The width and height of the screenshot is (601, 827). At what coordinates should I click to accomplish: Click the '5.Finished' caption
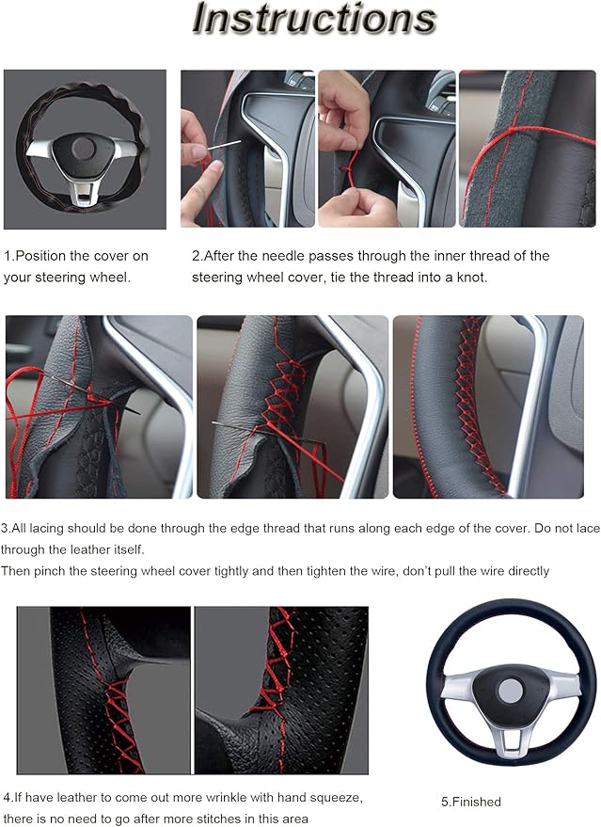471,802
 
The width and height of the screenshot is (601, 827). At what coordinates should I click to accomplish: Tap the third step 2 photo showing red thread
527,149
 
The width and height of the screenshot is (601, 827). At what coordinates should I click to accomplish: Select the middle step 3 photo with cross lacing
292,406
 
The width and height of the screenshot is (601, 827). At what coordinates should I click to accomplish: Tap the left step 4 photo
103,690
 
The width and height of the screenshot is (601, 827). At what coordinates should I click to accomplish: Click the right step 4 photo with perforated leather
280,690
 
